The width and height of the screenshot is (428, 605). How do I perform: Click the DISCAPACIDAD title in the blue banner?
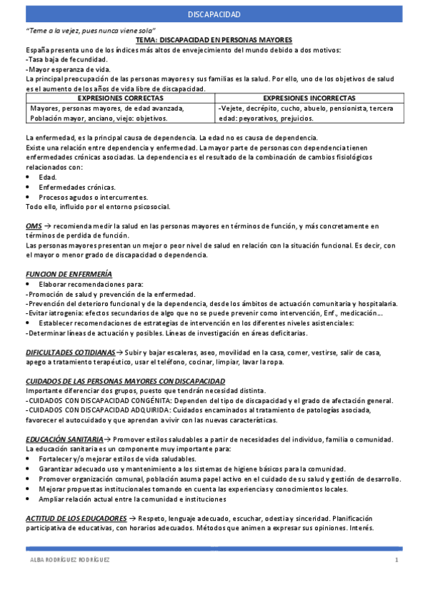tap(214, 14)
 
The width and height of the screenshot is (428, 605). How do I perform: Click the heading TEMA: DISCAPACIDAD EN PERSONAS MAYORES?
tap(214, 41)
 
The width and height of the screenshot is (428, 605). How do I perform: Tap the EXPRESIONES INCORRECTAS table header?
tap(309, 98)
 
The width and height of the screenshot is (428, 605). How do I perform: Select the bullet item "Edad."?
tap(48, 177)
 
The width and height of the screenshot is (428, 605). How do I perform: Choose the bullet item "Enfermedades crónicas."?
tap(69, 187)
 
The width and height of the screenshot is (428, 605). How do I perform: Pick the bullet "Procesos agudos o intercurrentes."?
tap(84, 197)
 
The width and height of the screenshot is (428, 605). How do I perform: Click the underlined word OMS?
tap(33, 226)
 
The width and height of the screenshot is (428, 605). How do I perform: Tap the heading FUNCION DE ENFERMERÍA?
tap(68, 275)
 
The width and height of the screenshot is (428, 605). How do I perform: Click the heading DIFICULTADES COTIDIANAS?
tap(70, 352)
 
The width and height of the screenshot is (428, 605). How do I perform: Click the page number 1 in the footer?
tap(396, 560)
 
